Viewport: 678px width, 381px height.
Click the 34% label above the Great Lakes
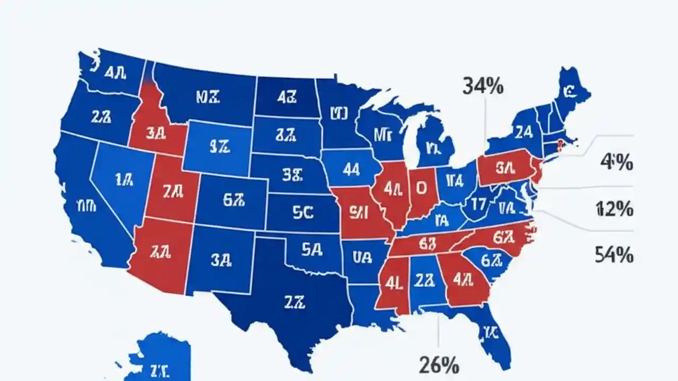pyautogui.click(x=483, y=86)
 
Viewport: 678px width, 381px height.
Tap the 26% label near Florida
pyautogui.click(x=439, y=365)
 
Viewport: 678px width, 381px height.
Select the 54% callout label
pyautogui.click(x=614, y=256)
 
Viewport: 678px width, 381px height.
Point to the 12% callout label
pyautogui.click(x=614, y=210)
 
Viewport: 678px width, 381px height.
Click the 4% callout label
pyautogui.click(x=616, y=163)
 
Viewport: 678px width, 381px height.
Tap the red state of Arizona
pyautogui.click(x=162, y=254)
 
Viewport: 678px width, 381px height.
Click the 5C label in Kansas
pyautogui.click(x=303, y=212)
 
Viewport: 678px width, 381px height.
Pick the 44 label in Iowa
pyautogui.click(x=351, y=169)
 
